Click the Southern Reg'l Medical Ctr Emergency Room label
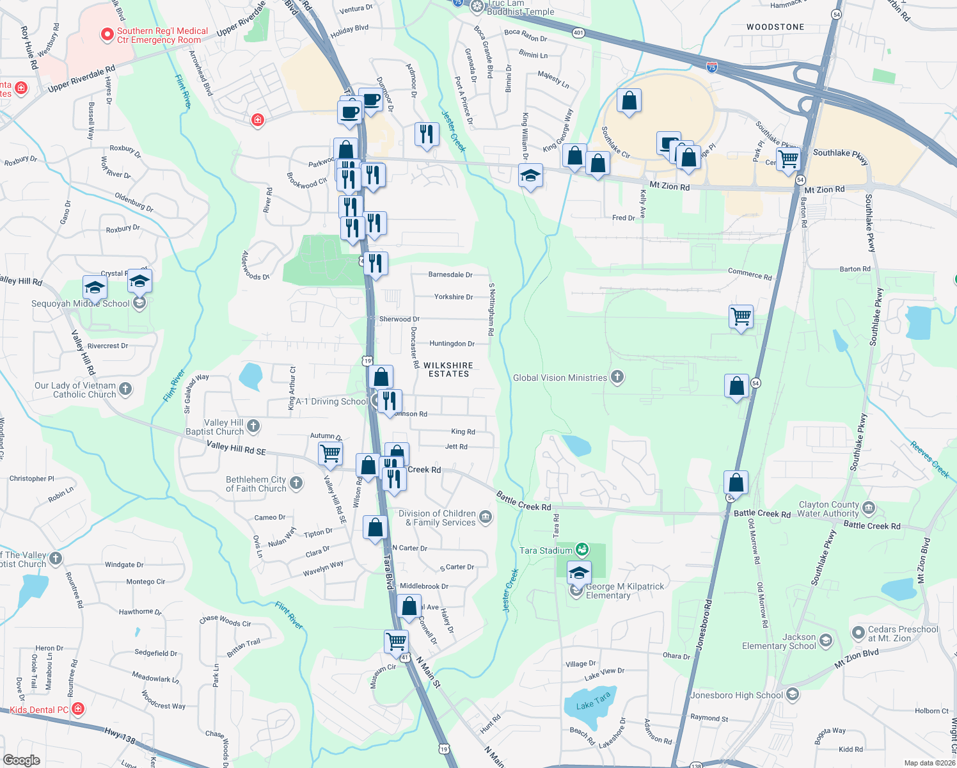coord(162,35)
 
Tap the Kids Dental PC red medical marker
coord(78,708)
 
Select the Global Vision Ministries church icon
coord(617,377)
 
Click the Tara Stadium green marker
coord(581,550)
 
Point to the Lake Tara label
coord(593,700)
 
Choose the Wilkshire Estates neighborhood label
coord(448,369)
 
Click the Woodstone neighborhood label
coord(775,27)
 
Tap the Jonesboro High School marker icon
coord(793,694)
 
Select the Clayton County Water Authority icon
coord(869,509)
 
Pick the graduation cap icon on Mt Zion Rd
coord(530,175)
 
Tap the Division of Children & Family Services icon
coord(486,517)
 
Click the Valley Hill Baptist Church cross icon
coord(253,426)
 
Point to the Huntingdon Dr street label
coord(452,344)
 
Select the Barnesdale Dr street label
coord(450,275)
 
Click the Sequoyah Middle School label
coord(81,303)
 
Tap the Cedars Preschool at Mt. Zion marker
coord(858,633)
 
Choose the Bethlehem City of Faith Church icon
coord(296,483)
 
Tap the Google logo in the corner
coord(21,760)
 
